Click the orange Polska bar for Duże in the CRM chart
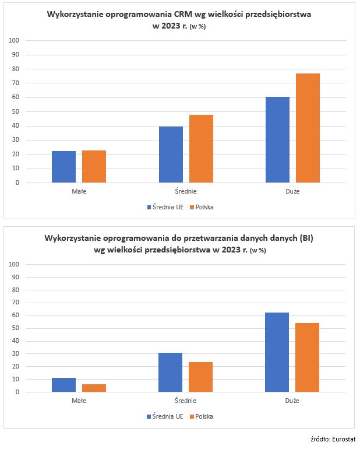tap(308, 128)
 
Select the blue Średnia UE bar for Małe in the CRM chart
tap(63, 167)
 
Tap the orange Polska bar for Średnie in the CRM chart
tap(201, 149)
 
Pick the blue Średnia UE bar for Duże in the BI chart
tap(277, 352)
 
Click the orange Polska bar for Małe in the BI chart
tap(94, 388)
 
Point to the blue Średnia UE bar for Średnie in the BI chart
tap(170, 372)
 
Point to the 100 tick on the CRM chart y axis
tap(15, 40)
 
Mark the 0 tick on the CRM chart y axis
tap(17, 183)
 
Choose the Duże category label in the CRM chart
tap(292, 191)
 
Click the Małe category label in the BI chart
tap(79, 401)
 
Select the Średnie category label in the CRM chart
tap(186, 191)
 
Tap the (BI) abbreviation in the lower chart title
tap(305, 238)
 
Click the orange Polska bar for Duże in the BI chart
tap(308, 357)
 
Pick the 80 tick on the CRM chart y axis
tap(16, 69)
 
